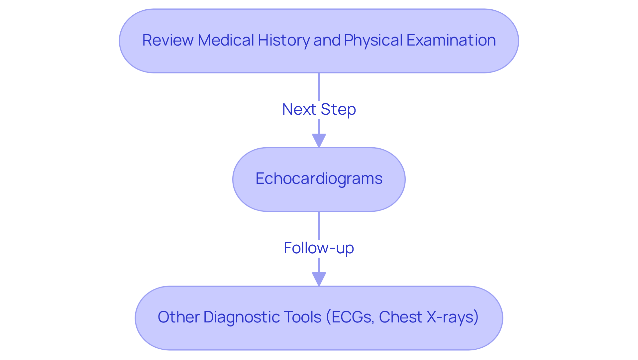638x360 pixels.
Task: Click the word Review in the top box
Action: point(168,40)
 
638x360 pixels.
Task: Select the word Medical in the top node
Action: point(226,40)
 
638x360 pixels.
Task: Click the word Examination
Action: point(451,40)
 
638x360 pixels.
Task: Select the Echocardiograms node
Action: point(319,179)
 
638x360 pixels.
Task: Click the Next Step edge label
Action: point(319,109)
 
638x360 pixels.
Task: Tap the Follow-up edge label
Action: point(319,248)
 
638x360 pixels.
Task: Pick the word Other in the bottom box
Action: point(179,317)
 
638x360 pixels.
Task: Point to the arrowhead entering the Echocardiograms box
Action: point(319,140)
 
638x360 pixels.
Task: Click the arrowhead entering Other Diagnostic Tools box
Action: point(319,279)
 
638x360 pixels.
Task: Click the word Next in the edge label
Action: point(299,109)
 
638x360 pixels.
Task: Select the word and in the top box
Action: point(327,40)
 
